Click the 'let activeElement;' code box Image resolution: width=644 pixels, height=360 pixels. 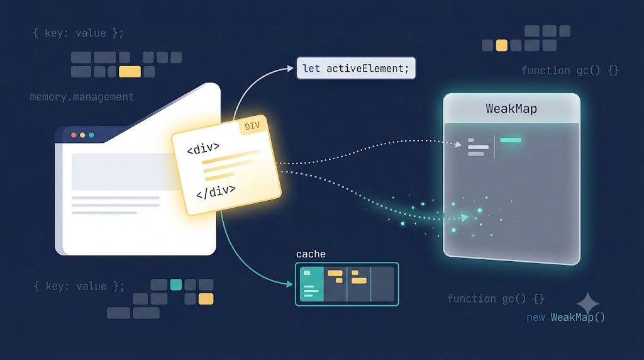pyautogui.click(x=356, y=68)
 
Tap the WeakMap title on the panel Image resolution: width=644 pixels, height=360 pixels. pyautogui.click(x=511, y=108)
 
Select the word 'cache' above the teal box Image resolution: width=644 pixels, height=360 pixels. pyautogui.click(x=311, y=254)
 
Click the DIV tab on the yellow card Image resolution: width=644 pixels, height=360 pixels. pyautogui.click(x=252, y=126)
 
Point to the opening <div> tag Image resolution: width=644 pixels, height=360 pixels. pyautogui.click(x=203, y=149)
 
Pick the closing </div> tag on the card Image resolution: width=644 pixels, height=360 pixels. pyautogui.click(x=216, y=191)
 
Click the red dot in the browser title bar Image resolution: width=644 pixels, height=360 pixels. pyautogui.click(x=74, y=135)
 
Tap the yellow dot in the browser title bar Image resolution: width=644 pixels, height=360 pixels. pyautogui.click(x=82, y=135)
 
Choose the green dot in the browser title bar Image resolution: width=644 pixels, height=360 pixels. pyautogui.click(x=91, y=135)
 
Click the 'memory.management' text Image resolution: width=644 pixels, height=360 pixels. pyautogui.click(x=82, y=97)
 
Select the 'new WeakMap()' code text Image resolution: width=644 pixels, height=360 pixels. pyautogui.click(x=565, y=317)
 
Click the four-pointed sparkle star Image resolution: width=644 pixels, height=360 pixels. pyautogui.click(x=588, y=304)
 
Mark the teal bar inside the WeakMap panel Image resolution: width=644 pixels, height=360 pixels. pyautogui.click(x=511, y=140)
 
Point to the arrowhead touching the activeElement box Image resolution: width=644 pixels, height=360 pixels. pyautogui.click(x=291, y=69)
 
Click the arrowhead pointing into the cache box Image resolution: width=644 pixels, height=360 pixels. pyautogui.click(x=290, y=284)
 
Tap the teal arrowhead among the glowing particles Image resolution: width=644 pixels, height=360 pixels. pyautogui.click(x=465, y=217)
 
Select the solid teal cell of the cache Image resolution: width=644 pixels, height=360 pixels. pyautogui.click(x=312, y=284)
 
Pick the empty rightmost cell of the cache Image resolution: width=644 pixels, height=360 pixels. pyautogui.click(x=383, y=284)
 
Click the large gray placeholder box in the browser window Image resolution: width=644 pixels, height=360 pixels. pyautogui.click(x=125, y=172)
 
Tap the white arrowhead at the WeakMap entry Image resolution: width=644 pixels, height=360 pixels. pyautogui.click(x=458, y=144)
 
